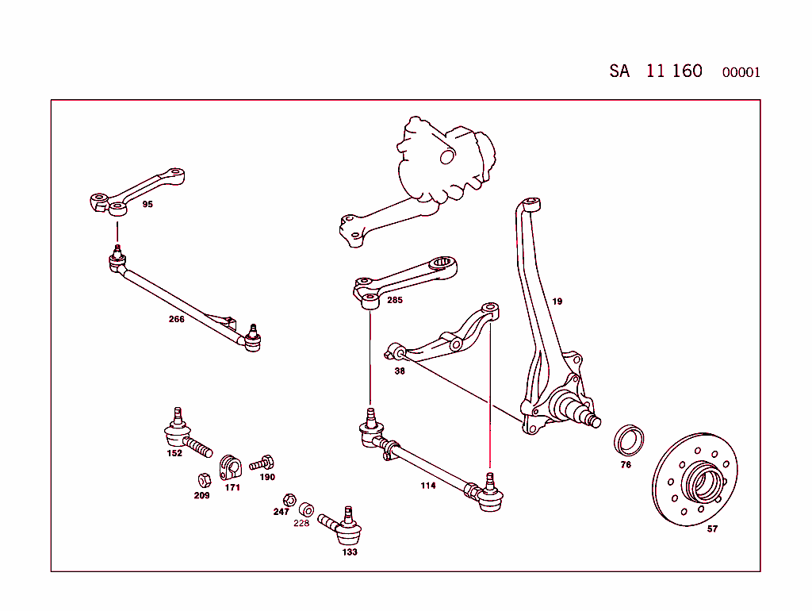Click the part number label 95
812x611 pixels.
point(147,205)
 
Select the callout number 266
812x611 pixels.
point(176,320)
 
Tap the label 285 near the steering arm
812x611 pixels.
point(395,301)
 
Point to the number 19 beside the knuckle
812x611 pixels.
point(557,302)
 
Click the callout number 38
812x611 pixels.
point(400,371)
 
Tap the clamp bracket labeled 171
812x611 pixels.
point(229,467)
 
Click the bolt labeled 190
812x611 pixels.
point(262,463)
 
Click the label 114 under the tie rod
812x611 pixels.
point(428,486)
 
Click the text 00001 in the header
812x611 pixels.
point(741,73)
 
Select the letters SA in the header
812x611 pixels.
point(619,71)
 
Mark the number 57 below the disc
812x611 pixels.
point(712,529)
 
